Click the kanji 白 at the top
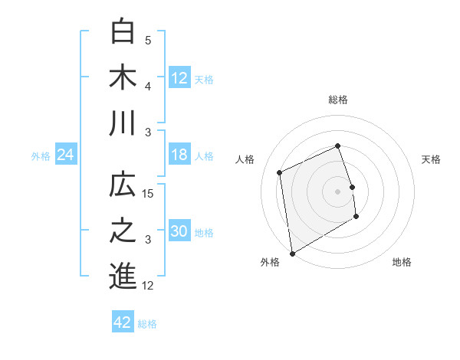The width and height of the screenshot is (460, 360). (123, 33)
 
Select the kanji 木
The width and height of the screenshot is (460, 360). (123, 78)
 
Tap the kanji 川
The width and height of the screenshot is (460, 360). (123, 123)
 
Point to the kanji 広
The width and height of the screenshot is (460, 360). (123, 186)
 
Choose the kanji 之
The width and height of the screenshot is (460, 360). (123, 231)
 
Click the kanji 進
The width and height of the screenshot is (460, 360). (123, 277)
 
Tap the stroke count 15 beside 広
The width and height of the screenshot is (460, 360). (149, 194)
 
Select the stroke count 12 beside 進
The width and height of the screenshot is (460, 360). (149, 286)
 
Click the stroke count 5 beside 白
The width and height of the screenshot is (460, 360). (149, 41)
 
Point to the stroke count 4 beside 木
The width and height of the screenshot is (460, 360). (149, 87)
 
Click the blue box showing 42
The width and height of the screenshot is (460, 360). (123, 322)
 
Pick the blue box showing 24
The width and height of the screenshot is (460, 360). (66, 155)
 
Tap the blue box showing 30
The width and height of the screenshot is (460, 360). (179, 232)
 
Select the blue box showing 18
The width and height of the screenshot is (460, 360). (179, 155)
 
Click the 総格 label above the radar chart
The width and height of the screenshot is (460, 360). (338, 100)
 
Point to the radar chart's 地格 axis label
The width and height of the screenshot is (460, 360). (402, 262)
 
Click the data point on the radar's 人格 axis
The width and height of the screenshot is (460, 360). (280, 172)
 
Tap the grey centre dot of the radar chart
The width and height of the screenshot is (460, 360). (338, 191)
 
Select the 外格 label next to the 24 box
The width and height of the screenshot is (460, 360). (41, 156)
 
